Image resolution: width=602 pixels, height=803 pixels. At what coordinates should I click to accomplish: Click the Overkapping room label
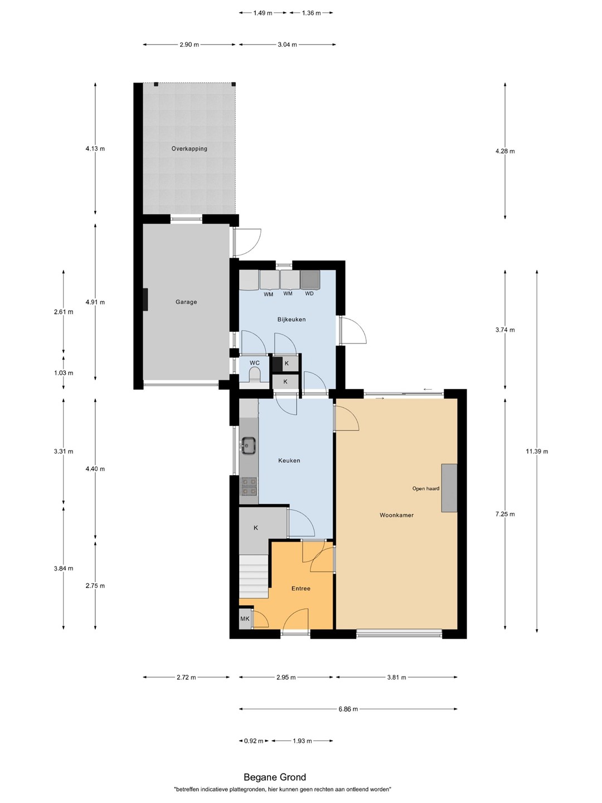point(190,148)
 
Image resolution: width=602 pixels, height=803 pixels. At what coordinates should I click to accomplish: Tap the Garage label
point(186,302)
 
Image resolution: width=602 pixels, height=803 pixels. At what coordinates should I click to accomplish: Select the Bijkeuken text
point(292,320)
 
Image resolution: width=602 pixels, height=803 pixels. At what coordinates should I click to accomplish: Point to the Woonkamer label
point(396,515)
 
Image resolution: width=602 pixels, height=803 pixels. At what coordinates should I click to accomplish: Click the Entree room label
point(301,589)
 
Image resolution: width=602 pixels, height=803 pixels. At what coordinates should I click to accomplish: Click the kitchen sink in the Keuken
point(248,446)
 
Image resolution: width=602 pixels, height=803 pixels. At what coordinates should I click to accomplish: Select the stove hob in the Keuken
point(249,486)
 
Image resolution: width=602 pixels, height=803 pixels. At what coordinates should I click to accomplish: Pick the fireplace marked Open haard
point(449,488)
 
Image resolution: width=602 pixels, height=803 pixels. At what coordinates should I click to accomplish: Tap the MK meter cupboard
point(245,619)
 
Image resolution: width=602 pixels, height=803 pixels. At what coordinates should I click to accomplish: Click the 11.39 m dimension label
point(537,452)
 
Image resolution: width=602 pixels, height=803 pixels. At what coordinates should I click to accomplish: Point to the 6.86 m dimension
point(348,709)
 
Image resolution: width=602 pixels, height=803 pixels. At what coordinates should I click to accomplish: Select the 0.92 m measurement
point(254,741)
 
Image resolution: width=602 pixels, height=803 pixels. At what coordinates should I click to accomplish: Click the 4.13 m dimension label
point(95,148)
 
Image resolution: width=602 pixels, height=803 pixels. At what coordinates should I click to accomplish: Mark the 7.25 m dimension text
point(505,514)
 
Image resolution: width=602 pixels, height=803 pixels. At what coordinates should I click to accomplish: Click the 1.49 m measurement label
point(263,13)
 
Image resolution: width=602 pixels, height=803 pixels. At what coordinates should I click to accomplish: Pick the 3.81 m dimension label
point(396,677)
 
